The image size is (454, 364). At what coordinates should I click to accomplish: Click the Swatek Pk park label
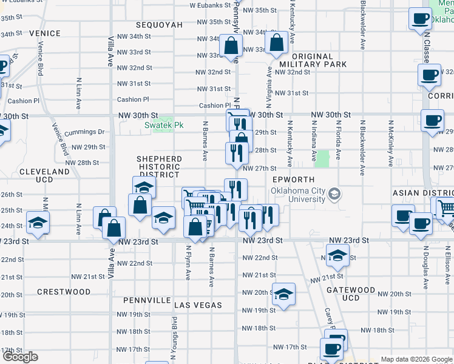pyautogui.click(x=163, y=126)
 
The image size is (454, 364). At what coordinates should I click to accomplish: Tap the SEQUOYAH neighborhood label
pyautogui.click(x=159, y=25)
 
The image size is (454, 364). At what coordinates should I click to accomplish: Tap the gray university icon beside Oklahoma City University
pyautogui.click(x=333, y=194)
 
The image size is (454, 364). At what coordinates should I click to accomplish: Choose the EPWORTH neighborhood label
pyautogui.click(x=293, y=180)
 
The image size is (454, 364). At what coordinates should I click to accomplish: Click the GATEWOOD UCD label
pyautogui.click(x=351, y=294)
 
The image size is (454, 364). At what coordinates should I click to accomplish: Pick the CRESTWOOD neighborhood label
pyautogui.click(x=64, y=292)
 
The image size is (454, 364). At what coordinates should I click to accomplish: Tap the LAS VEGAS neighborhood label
pyautogui.click(x=198, y=305)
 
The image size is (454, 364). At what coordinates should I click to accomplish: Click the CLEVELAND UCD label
pyautogui.click(x=44, y=176)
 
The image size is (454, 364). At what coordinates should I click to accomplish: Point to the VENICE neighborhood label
pyautogui.click(x=43, y=33)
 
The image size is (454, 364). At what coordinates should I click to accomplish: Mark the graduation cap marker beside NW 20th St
pyautogui.click(x=283, y=294)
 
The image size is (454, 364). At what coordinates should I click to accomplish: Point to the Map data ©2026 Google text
pyautogui.click(x=416, y=359)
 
